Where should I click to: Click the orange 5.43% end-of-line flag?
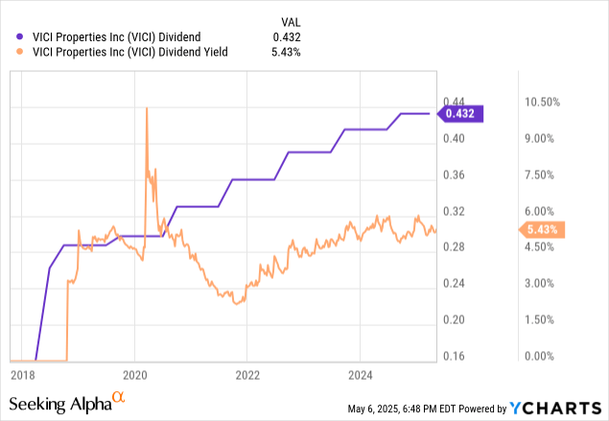coord(545,229)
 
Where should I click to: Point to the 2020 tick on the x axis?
coord(134,373)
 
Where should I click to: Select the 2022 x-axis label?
coord(247,373)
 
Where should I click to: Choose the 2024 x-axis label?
coord(360,373)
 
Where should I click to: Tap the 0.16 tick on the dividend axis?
coord(454,356)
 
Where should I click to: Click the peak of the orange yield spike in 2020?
coord(146,108)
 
